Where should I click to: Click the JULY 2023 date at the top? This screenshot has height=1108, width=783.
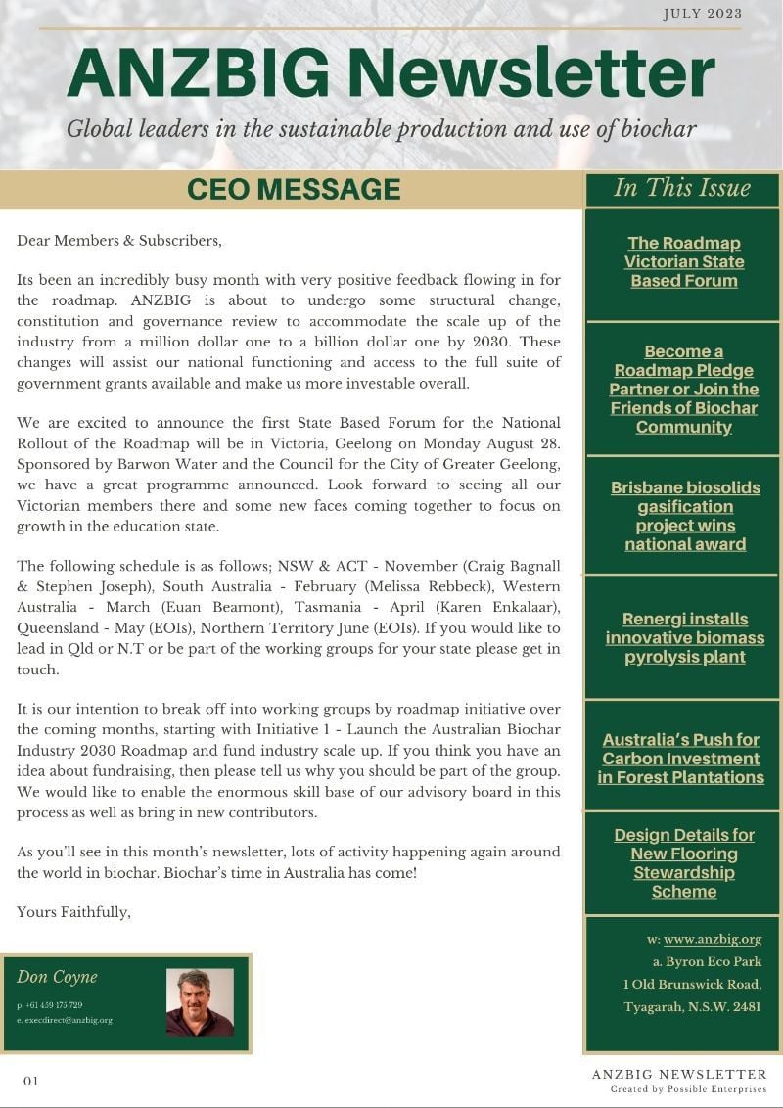click(702, 14)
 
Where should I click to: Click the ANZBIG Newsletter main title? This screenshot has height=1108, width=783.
click(391, 74)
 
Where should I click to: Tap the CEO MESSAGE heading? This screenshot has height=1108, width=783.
click(294, 189)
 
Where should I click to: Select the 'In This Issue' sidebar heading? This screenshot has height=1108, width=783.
click(682, 188)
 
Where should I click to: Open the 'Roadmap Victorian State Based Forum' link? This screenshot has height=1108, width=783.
click(684, 261)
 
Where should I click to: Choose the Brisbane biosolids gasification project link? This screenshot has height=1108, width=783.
click(685, 515)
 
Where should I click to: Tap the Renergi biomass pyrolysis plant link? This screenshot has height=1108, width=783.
click(685, 637)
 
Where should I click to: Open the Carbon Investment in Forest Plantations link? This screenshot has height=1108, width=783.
click(681, 758)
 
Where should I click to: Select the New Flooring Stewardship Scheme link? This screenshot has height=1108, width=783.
click(684, 862)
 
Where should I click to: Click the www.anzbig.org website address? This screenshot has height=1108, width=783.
click(713, 940)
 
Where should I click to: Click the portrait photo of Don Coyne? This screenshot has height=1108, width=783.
click(200, 1002)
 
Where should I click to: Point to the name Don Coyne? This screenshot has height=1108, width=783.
click(57, 977)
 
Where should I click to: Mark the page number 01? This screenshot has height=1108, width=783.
click(31, 1081)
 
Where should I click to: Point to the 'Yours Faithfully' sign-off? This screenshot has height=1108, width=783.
click(73, 912)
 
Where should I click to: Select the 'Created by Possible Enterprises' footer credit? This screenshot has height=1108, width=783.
click(688, 1089)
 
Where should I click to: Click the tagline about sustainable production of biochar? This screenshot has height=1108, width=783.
click(382, 129)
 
